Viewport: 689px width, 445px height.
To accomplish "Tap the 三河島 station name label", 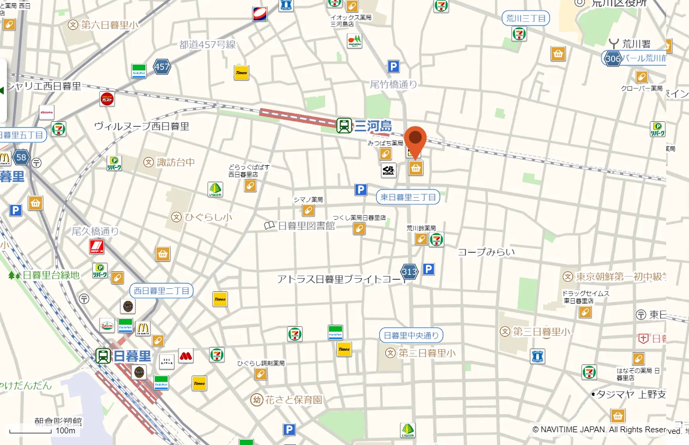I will (x=373, y=126).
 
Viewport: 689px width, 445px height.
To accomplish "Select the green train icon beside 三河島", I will (x=344, y=126).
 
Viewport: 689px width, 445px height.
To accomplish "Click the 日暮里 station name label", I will (x=133, y=356).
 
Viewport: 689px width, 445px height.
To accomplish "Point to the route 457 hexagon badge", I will (x=162, y=67).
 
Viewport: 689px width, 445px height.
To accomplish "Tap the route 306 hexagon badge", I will (x=613, y=58).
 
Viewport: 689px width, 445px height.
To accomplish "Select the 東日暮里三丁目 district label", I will (x=408, y=198).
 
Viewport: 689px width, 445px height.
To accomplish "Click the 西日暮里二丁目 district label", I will (x=162, y=290).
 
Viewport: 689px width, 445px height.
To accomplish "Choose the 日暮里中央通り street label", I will (x=411, y=335).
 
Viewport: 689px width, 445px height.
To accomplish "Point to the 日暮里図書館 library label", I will (x=300, y=226).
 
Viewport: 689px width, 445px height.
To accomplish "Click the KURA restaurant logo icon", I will (x=388, y=170).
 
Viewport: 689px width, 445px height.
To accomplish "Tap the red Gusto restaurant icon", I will (x=107, y=99).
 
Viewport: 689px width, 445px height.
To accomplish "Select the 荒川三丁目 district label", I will (x=525, y=19).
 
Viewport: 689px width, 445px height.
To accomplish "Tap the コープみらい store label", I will (x=486, y=252).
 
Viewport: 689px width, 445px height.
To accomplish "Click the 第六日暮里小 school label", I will (x=103, y=24).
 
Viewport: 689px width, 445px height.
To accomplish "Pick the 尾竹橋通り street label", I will (x=394, y=84).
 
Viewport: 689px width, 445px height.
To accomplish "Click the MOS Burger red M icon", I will (x=186, y=355).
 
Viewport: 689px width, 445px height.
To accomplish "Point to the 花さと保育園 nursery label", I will (x=287, y=399).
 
